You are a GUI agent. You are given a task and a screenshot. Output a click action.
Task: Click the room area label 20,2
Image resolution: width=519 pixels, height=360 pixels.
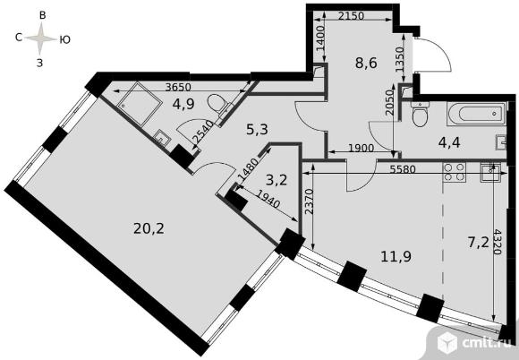point(149,228)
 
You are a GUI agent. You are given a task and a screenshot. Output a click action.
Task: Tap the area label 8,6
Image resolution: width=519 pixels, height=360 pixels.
point(366,63)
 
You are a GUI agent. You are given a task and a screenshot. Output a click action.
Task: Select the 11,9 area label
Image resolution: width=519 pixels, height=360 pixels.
point(396,256)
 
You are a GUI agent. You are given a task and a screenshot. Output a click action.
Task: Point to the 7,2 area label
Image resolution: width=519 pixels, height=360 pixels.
point(479,243)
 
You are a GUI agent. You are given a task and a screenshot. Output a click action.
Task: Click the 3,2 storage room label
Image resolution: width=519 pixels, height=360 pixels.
point(277,181)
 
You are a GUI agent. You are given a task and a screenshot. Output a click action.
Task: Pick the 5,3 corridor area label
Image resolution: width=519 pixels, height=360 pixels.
point(257,130)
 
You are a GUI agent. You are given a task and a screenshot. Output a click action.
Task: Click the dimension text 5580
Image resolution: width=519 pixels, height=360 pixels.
point(402,169)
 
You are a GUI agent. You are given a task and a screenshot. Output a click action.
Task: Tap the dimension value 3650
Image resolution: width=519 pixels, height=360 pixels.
point(178,87)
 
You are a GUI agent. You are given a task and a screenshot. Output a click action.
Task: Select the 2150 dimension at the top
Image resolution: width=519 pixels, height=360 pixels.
point(351,15)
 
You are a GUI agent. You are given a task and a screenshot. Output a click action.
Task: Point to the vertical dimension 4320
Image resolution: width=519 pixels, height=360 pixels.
point(497,242)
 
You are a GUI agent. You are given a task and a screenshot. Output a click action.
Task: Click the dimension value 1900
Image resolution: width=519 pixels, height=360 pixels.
point(362,148)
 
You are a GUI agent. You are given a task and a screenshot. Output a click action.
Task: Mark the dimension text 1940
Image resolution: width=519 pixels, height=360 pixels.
point(268,200)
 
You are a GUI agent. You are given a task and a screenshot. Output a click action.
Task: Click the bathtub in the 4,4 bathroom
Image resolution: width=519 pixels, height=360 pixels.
point(476,114)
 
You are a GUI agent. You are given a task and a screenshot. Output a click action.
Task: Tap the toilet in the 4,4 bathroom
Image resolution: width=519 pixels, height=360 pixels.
point(420,115)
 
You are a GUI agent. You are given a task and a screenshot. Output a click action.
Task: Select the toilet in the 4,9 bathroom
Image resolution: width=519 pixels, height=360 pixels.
point(219,104)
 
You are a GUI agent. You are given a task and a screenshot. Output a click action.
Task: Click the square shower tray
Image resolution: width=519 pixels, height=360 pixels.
point(138,103)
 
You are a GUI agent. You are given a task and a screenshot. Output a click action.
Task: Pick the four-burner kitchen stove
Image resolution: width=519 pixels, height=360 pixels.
point(455,172)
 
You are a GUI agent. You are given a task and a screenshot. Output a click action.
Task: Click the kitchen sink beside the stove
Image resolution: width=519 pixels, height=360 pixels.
point(490,172)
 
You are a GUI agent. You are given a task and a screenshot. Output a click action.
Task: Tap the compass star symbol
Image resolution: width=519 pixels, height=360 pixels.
point(40,39)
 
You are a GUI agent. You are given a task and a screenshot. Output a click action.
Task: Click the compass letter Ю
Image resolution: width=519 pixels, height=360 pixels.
point(64,39)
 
